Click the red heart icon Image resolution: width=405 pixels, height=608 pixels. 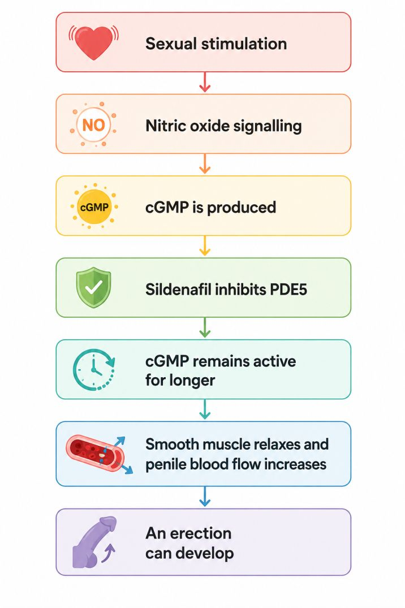[x=94, y=42]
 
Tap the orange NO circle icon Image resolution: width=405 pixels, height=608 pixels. [x=93, y=125]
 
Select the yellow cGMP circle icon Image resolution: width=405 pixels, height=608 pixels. [x=94, y=207]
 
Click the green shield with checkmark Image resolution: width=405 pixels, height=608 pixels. [x=93, y=287]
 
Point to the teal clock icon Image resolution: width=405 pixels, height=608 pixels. [x=93, y=369]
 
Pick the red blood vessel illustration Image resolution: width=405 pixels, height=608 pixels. [x=100, y=453]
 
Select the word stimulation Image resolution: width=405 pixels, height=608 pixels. [x=244, y=44]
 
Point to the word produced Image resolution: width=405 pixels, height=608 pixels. [x=242, y=208]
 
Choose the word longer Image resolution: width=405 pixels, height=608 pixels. [x=192, y=381]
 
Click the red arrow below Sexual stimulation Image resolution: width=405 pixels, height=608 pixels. [x=205, y=82]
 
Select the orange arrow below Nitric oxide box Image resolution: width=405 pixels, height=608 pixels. [x=205, y=163]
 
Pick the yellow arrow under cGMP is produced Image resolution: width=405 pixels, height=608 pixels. [x=205, y=245]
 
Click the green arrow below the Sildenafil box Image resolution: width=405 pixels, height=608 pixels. [x=205, y=327]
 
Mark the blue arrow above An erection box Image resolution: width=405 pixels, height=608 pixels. [x=205, y=497]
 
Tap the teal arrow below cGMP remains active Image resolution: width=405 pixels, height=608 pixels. [x=205, y=409]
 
